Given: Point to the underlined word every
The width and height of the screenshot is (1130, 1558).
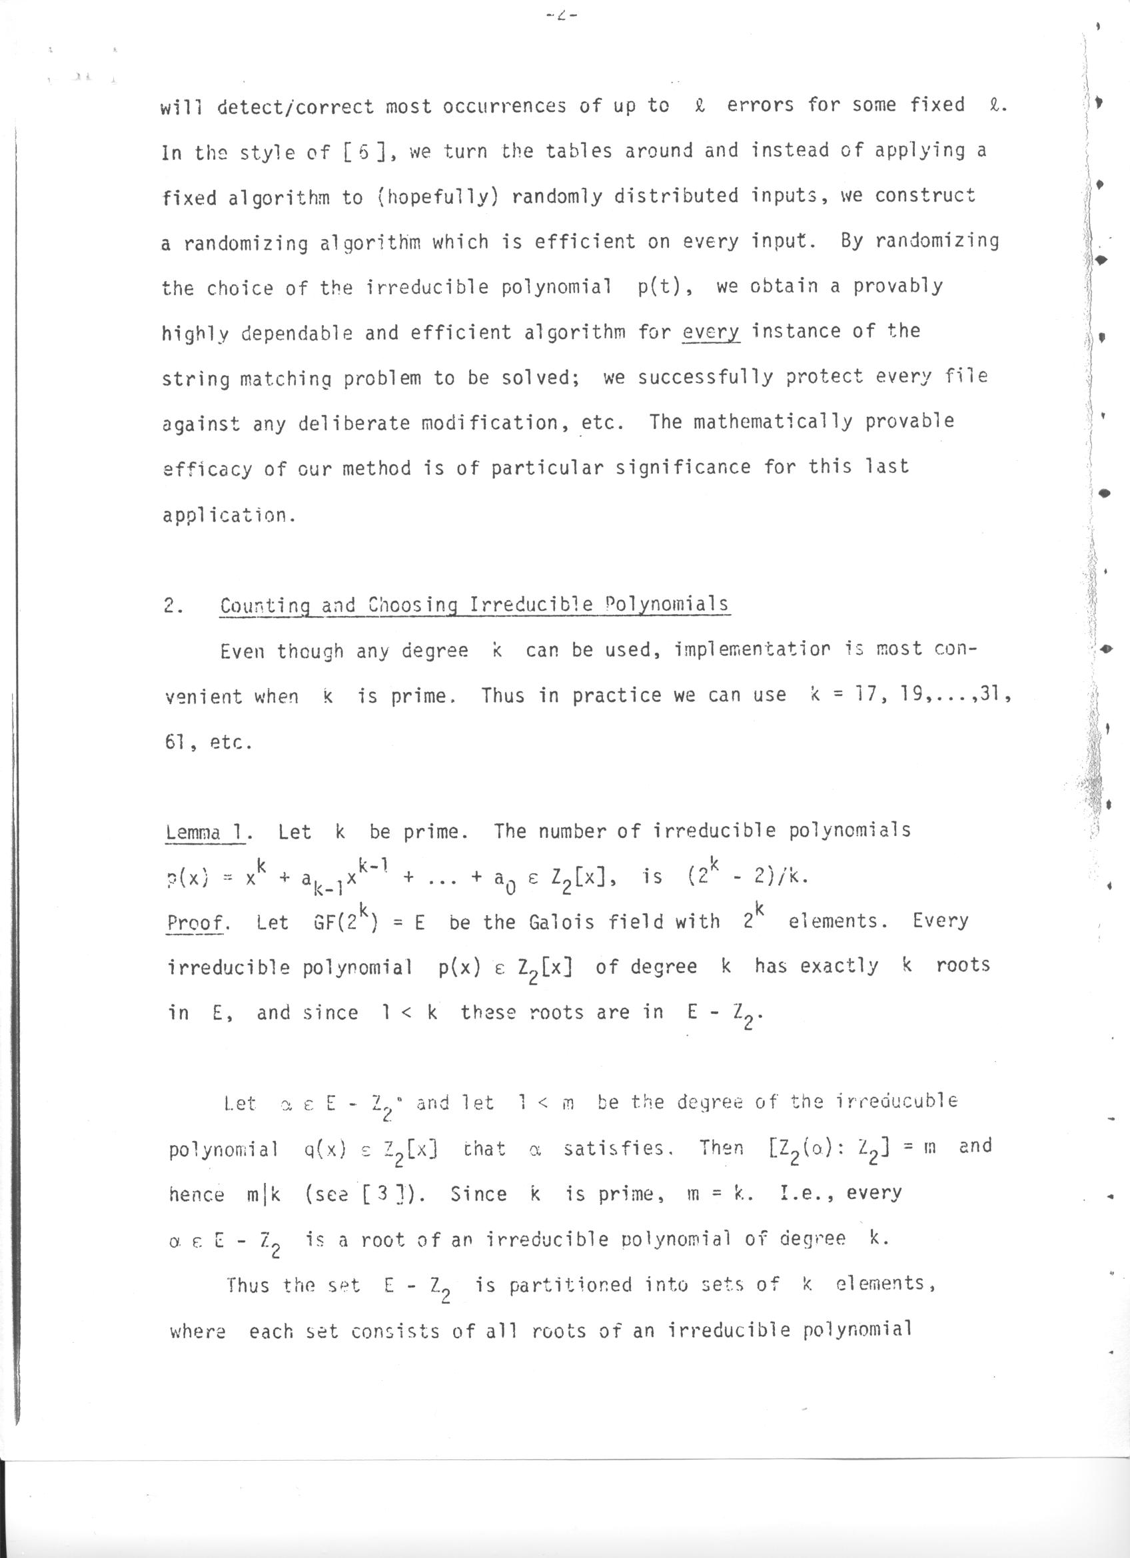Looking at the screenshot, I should coord(711,332).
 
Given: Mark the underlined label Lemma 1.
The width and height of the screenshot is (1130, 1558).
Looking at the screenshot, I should coord(208,833).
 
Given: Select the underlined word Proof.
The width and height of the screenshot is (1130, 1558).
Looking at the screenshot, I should coord(198,923).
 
